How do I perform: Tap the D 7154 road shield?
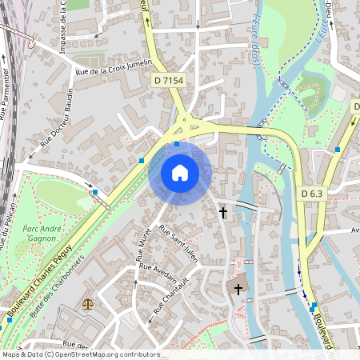click(x=168, y=80)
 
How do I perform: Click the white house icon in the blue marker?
click(x=180, y=172)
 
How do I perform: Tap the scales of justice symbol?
click(x=87, y=305)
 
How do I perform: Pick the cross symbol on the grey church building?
click(x=237, y=287)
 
